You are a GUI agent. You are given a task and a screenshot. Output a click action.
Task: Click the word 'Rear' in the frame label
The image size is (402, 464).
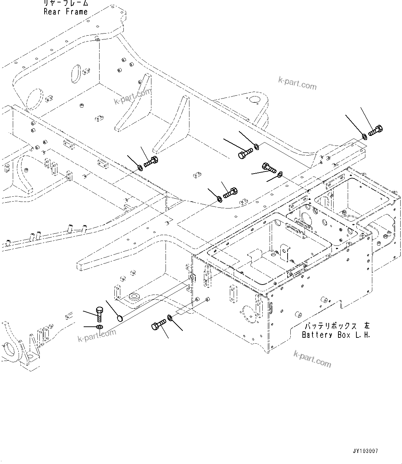click(52, 12)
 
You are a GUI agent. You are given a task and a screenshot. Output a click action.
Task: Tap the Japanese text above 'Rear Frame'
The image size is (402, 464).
click(66, 3)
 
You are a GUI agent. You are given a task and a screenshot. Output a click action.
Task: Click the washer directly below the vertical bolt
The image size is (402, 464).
click(99, 327)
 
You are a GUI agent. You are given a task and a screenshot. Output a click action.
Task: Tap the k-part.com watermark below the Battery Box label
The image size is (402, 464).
click(312, 359)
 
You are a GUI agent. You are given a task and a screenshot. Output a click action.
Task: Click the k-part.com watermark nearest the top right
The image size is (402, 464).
click(297, 83)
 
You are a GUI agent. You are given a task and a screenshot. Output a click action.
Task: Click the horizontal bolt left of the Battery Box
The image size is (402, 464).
click(159, 325)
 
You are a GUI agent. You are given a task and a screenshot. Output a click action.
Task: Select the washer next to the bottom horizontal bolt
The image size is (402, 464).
click(170, 317)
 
